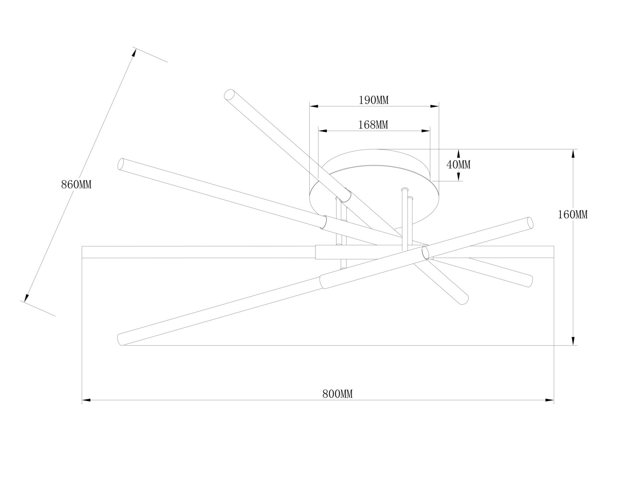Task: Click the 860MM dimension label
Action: point(76,184)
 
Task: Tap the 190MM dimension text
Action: point(374,100)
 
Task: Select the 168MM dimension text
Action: point(373,125)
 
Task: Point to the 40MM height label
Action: point(458,164)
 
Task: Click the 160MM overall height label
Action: point(573,214)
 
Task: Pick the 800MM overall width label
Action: point(337,394)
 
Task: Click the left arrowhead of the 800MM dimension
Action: point(86,400)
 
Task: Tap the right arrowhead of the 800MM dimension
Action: point(549,400)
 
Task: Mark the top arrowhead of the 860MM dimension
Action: point(134,52)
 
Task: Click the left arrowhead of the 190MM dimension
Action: point(314,106)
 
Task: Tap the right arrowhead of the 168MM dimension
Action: point(426,131)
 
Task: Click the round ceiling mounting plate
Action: point(374,188)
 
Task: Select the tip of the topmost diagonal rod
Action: point(230,95)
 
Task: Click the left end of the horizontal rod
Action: point(82,252)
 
